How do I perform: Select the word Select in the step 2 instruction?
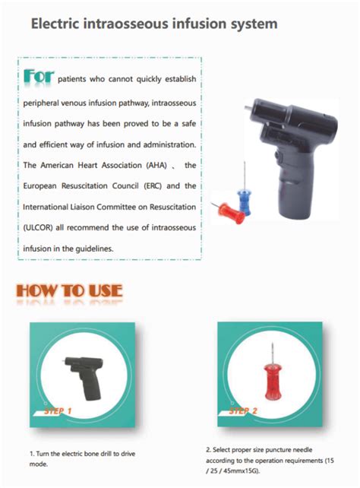224,450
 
